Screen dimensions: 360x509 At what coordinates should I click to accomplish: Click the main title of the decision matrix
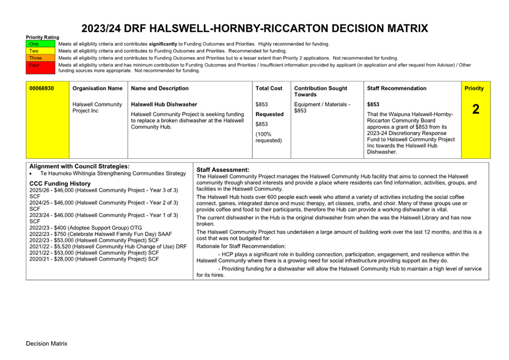click(x=254, y=29)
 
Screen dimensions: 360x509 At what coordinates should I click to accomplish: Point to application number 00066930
click(x=41, y=88)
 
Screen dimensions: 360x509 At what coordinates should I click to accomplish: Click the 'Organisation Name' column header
click(x=97, y=88)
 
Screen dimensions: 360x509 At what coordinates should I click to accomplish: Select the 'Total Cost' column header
click(x=269, y=88)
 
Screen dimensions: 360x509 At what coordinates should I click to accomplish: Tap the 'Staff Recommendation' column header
click(x=397, y=88)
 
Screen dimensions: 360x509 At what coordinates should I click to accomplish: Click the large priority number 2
click(x=476, y=109)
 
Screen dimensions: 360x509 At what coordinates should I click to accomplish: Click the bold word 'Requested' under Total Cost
click(x=270, y=115)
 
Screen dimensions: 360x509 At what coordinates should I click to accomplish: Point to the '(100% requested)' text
click(x=268, y=137)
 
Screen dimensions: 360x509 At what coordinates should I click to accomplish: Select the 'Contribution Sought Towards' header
click(x=320, y=91)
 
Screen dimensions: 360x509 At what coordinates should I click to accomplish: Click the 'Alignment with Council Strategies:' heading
click(x=80, y=166)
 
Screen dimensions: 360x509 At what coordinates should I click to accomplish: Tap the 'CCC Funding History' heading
click(x=60, y=184)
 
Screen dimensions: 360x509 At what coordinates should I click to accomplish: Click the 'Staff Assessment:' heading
click(x=223, y=170)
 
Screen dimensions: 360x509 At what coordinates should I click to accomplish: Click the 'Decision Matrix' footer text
click(x=46, y=344)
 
